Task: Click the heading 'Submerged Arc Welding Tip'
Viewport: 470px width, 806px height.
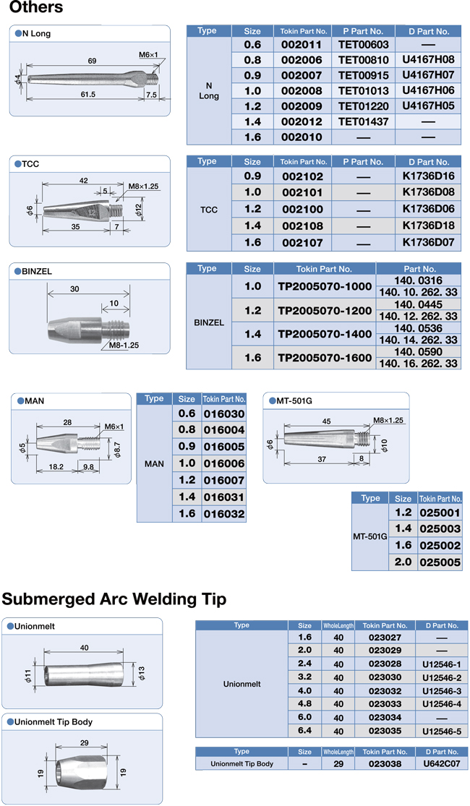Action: tap(114, 599)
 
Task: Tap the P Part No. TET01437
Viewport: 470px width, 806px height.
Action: tap(364, 122)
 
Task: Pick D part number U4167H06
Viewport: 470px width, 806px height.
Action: tap(428, 91)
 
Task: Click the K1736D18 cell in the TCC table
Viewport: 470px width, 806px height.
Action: tap(428, 226)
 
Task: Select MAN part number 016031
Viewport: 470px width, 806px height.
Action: tap(224, 497)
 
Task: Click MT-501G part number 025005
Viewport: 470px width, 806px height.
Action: tap(440, 562)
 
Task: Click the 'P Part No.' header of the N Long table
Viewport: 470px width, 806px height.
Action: tap(364, 31)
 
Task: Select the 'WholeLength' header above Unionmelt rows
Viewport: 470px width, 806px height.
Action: tap(338, 625)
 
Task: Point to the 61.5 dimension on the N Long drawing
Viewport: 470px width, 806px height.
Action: tap(89, 95)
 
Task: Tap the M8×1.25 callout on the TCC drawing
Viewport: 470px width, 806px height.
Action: tap(143, 187)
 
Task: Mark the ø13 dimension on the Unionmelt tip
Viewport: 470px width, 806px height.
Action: tap(141, 673)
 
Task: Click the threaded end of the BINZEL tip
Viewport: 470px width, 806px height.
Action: tap(116, 326)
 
